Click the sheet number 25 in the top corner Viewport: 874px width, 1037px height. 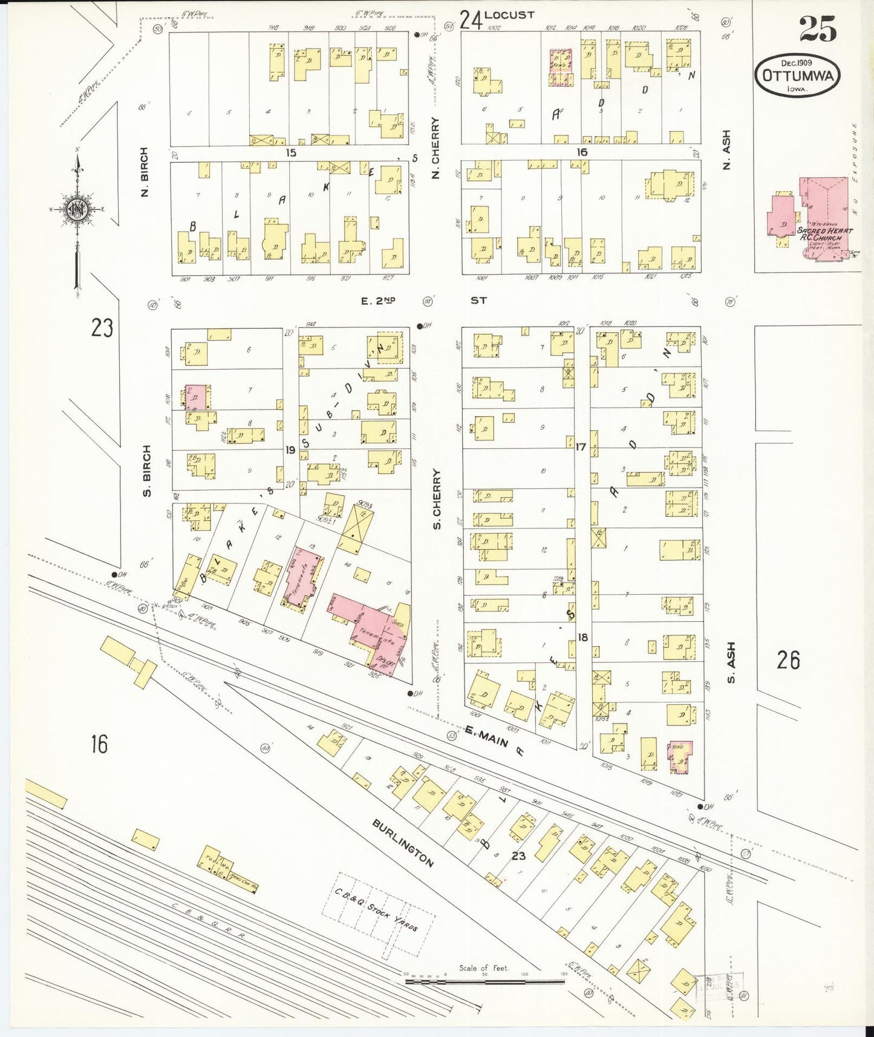(818, 29)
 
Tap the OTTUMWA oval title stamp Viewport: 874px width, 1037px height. (798, 75)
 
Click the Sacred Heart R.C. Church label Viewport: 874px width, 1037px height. (824, 234)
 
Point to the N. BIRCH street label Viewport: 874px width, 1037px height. (144, 172)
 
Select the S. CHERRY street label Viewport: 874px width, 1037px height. (437, 499)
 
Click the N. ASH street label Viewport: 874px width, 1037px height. (726, 149)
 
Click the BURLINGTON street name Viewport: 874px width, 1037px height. (403, 843)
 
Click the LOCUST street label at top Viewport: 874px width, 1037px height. (509, 15)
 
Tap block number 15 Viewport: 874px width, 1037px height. (291, 152)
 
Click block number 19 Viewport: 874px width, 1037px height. (290, 450)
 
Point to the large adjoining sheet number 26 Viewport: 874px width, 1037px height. (788, 660)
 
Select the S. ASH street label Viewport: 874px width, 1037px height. (731, 662)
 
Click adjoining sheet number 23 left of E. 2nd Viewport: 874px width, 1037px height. (102, 328)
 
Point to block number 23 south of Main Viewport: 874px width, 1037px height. (518, 855)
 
